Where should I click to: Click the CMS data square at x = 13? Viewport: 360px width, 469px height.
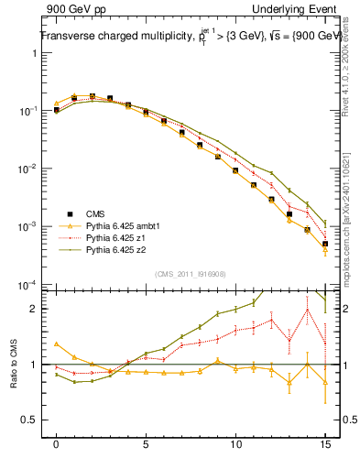(x=289, y=214)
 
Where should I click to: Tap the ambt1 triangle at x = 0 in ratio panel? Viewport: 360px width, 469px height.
(x=57, y=344)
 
